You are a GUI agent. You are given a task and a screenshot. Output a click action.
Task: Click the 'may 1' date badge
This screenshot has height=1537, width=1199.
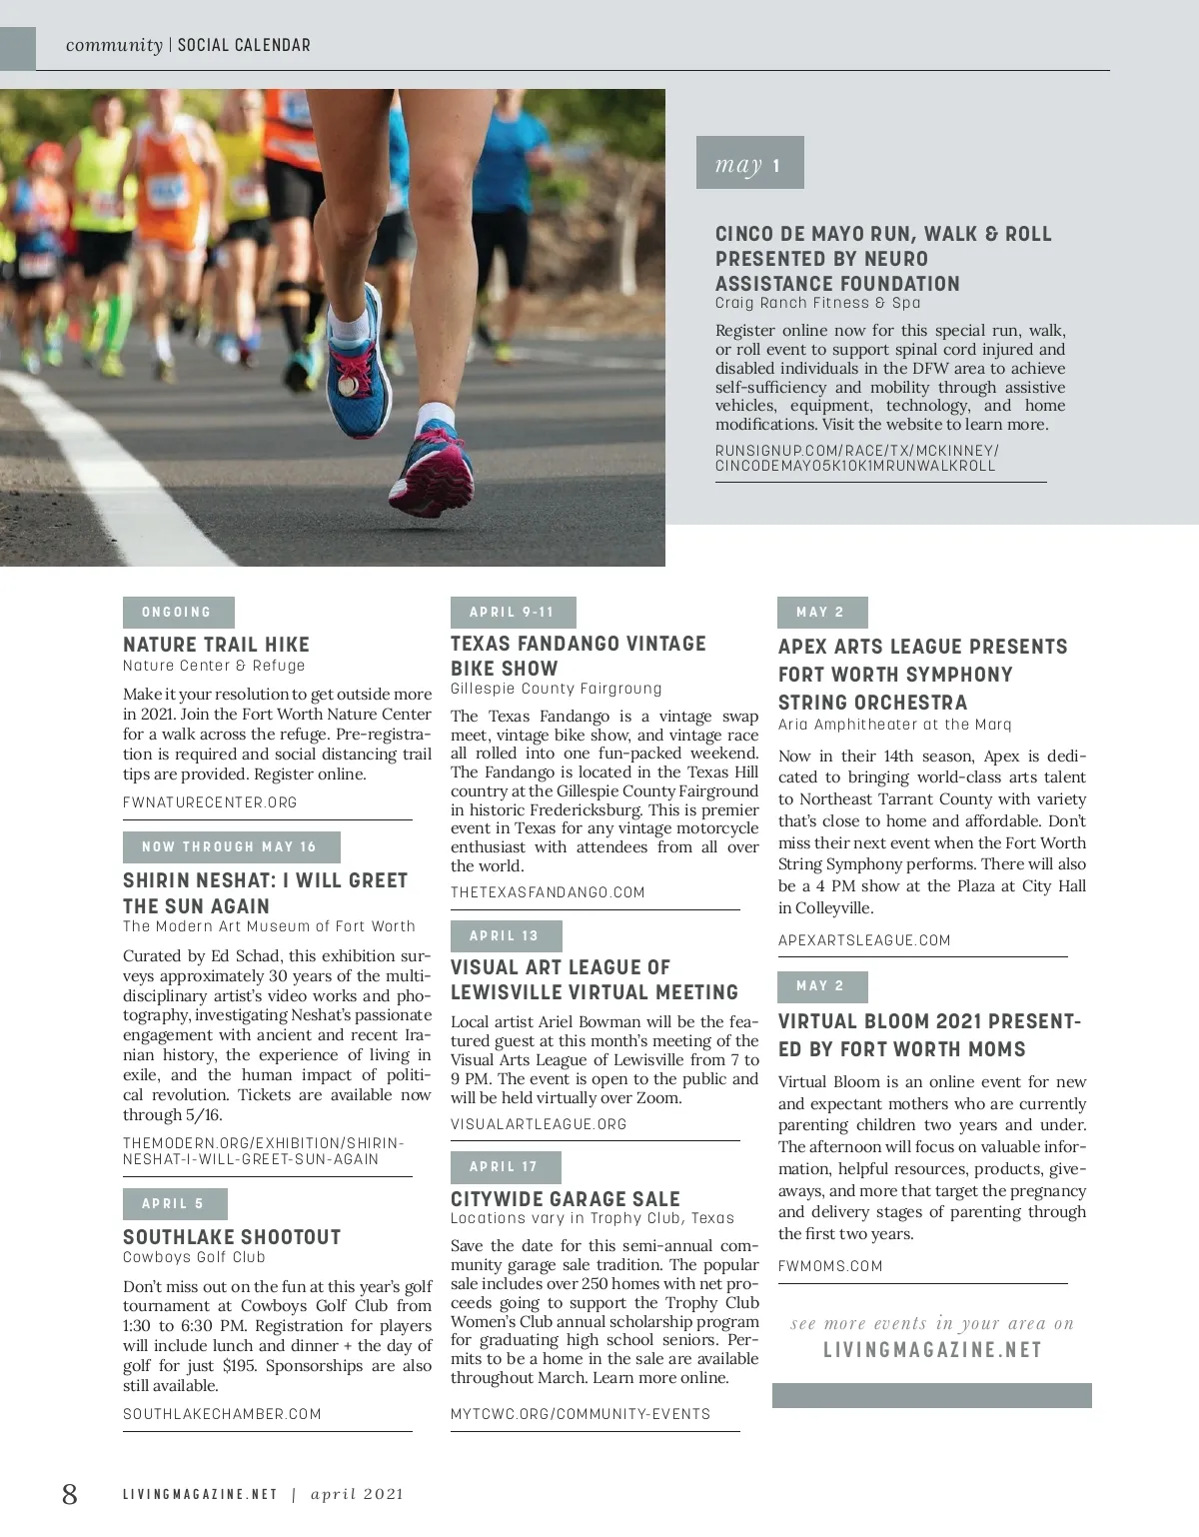click(749, 163)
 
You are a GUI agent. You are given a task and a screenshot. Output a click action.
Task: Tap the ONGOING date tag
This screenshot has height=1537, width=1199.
click(178, 613)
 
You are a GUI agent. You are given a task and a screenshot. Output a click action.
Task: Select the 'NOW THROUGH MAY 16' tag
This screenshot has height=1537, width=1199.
click(231, 847)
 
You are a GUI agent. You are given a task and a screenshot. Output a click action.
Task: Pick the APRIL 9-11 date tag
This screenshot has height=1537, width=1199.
click(513, 613)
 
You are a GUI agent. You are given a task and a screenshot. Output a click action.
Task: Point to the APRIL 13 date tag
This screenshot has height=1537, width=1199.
click(506, 936)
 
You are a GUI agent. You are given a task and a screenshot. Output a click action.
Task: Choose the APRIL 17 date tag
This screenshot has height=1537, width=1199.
click(505, 1167)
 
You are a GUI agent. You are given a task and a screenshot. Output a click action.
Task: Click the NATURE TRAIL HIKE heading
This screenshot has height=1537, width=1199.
click(216, 645)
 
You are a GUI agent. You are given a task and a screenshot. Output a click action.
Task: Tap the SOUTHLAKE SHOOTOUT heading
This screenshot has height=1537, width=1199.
click(232, 1237)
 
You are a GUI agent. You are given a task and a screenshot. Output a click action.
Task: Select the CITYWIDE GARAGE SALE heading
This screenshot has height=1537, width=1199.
click(565, 1199)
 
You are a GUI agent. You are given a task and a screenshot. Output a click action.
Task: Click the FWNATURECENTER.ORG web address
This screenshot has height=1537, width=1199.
click(210, 802)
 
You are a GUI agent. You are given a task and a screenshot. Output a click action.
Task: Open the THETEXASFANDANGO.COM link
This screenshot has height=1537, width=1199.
click(548, 892)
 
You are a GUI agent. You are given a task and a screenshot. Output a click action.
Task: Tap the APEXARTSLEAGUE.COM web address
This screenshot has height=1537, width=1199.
click(864, 940)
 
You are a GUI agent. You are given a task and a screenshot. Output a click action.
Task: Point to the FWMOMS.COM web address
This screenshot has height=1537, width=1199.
click(830, 1266)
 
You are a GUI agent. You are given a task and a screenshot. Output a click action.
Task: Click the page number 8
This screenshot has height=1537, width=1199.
click(69, 1494)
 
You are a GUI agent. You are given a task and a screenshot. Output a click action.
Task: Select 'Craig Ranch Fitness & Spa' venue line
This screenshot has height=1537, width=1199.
click(817, 303)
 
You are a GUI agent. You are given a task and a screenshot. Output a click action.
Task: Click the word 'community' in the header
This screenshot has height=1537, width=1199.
click(114, 45)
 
